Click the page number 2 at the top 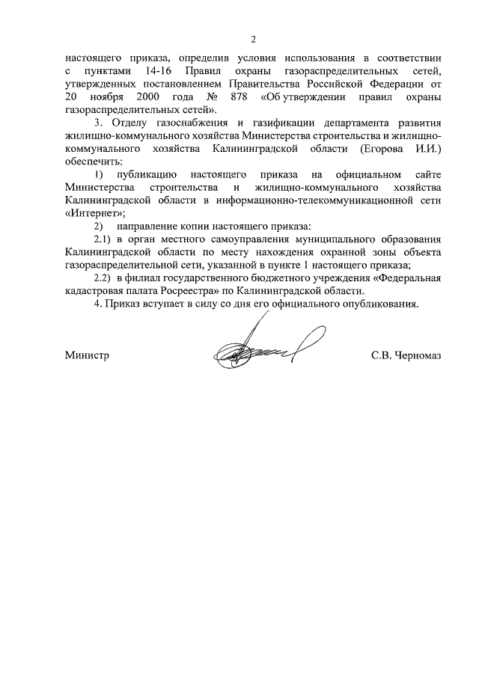pos(253,39)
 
